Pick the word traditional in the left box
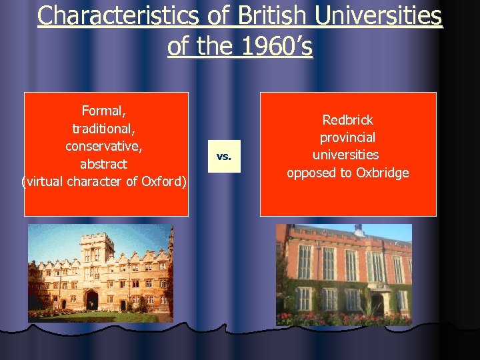[105, 128]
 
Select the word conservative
[105, 145]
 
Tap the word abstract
[104, 163]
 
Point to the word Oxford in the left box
[163, 181]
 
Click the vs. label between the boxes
[224, 157]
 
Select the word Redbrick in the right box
[348, 120]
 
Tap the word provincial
[348, 137]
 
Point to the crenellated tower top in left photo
[97, 237]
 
